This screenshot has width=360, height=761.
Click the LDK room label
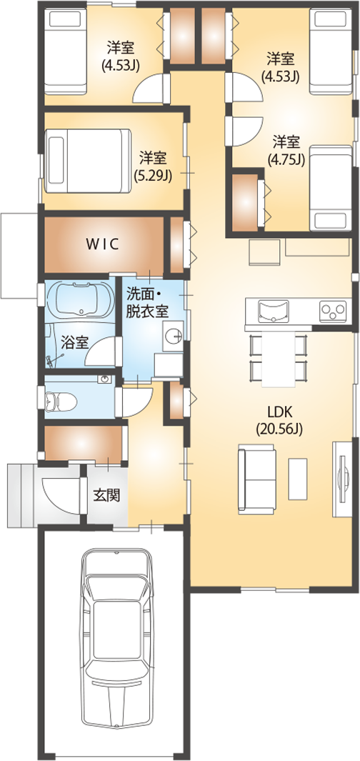pyautogui.click(x=279, y=412)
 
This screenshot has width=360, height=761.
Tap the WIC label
pyautogui.click(x=102, y=244)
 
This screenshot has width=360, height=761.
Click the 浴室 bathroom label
pyautogui.click(x=75, y=343)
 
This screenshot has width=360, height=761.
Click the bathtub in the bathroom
pyautogui.click(x=81, y=300)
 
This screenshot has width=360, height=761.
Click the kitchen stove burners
pyautogui.click(x=333, y=311)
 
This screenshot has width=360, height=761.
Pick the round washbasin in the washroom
pyautogui.click(x=173, y=335)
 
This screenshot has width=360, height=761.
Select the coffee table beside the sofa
pyautogui.click(x=298, y=479)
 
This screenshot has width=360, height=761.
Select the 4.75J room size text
pyautogui.click(x=286, y=159)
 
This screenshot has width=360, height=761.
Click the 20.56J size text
pyautogui.click(x=279, y=429)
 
